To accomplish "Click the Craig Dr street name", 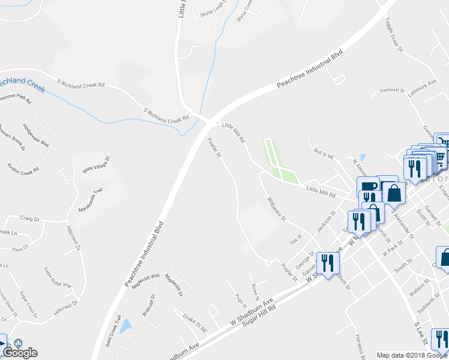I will point(29,219).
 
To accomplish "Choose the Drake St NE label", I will point(195,322).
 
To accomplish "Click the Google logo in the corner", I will point(20,352).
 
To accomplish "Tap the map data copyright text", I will point(412,355).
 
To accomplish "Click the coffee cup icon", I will point(367,185).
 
